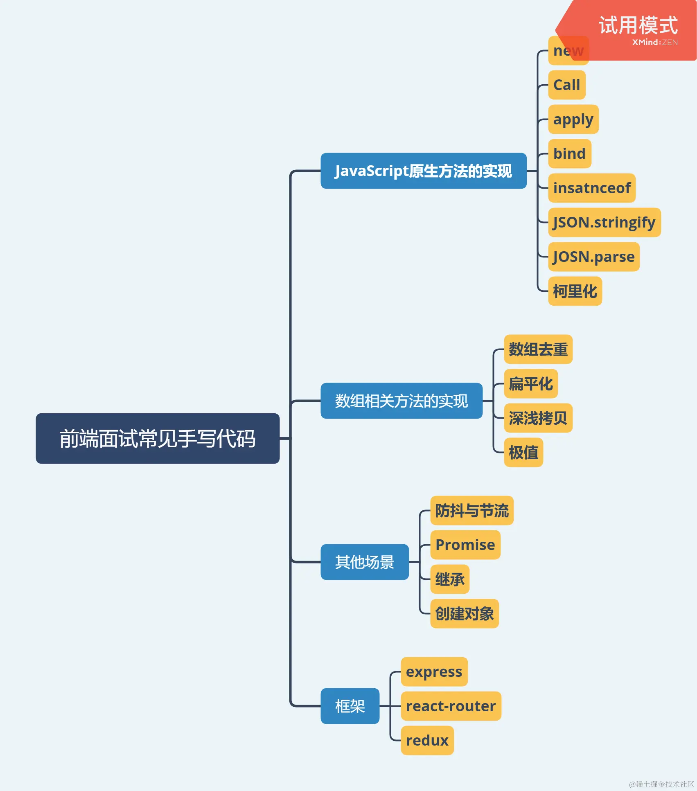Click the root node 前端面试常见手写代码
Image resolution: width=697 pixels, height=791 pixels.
[158, 438]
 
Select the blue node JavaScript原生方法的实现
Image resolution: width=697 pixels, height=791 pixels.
[423, 171]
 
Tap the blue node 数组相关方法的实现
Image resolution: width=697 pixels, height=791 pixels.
[401, 401]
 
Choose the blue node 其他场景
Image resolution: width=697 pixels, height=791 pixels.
[364, 562]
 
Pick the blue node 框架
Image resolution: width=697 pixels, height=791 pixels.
[350, 706]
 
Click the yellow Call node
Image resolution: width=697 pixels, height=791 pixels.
[566, 85]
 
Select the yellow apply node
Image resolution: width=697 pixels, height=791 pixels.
[573, 119]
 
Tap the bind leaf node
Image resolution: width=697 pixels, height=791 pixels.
[569, 153]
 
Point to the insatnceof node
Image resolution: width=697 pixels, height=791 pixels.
[591, 188]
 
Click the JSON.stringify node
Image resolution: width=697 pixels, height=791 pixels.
[604, 222]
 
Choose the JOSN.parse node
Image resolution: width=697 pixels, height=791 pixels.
[593, 257]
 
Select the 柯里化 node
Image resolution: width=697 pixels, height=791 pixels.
[575, 291]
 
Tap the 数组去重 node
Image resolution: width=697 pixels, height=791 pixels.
[538, 349]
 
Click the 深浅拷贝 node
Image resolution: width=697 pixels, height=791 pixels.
[538, 418]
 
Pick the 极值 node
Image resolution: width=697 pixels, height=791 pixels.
[523, 452]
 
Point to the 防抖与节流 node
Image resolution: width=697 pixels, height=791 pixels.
[471, 510]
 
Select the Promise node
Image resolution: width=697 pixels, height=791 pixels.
[465, 545]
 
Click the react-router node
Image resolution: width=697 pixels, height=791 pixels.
[451, 706]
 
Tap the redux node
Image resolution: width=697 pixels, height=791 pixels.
[427, 740]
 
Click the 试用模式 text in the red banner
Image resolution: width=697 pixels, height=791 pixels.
[638, 25]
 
